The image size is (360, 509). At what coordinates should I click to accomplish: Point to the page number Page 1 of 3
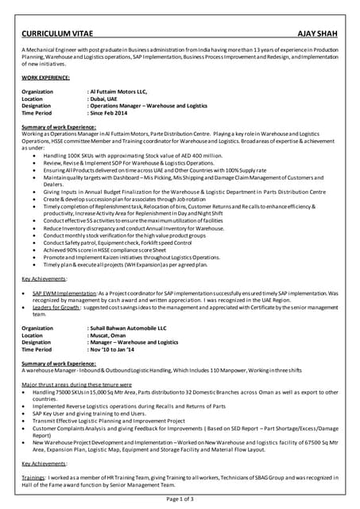click(x=180, y=499)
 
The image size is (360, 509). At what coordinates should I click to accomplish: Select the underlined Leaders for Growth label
click(x=57, y=307)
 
